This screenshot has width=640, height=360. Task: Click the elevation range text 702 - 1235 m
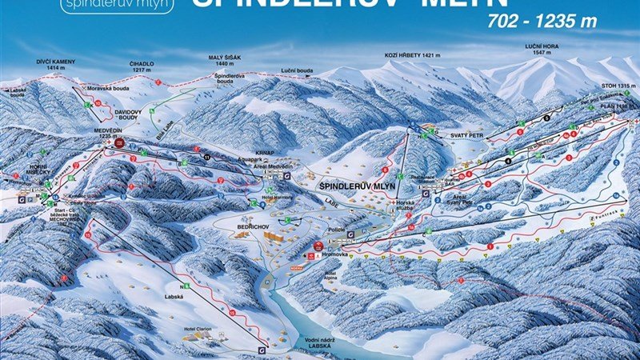tap(542, 22)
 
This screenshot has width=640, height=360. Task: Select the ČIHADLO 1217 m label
tap(139, 66)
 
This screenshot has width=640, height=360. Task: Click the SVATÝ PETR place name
tap(453, 136)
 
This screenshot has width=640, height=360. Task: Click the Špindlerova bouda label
tap(229, 78)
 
